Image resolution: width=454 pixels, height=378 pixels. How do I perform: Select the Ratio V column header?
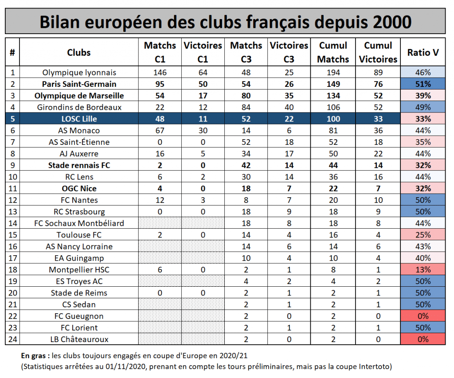[423, 52]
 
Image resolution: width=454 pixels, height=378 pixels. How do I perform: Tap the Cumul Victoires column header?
[378, 52]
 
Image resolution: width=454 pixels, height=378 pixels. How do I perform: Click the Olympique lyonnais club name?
[79, 72]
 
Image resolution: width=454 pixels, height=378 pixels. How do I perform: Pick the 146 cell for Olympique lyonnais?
[160, 72]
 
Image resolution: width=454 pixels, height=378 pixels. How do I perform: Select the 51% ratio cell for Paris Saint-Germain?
[423, 84]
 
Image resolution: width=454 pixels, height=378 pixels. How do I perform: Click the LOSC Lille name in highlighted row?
[79, 119]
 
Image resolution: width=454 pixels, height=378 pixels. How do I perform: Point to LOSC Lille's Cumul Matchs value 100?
[333, 119]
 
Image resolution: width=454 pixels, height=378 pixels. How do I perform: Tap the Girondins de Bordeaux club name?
[79, 107]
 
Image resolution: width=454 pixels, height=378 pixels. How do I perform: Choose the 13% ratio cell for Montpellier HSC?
[423, 269]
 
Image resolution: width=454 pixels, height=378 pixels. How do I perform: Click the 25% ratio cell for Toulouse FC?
[423, 235]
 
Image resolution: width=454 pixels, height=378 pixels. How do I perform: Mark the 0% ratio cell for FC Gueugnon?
[423, 316]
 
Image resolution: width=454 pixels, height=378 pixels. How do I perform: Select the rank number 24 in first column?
[12, 339]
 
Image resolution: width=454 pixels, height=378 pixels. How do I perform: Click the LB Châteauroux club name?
[79, 339]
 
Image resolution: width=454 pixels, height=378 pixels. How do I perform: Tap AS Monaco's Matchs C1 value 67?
[160, 131]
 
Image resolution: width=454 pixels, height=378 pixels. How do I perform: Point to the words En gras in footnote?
[33, 356]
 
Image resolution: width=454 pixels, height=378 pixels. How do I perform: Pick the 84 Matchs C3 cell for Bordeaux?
[246, 107]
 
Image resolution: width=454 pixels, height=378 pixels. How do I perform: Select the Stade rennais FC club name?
[79, 165]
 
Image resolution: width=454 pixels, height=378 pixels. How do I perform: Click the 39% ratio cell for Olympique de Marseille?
[423, 96]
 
